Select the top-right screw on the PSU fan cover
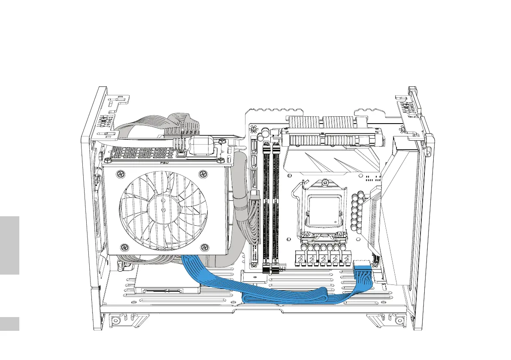coord(203,174)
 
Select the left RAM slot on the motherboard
coord(266,206)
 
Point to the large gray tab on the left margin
coord(9,245)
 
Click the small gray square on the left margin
coord(9,324)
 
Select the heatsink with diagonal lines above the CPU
coord(330,161)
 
